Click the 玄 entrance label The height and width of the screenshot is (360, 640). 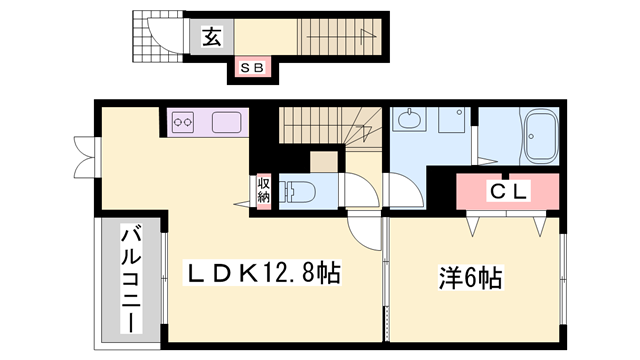click(x=212, y=38)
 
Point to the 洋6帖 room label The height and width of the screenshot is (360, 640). click(x=470, y=275)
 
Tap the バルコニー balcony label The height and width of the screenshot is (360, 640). click(x=130, y=279)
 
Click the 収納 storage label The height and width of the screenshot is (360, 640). click(x=263, y=189)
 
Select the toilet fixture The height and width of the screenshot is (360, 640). click(x=299, y=191)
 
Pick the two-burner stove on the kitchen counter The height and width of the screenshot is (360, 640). click(x=184, y=123)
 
